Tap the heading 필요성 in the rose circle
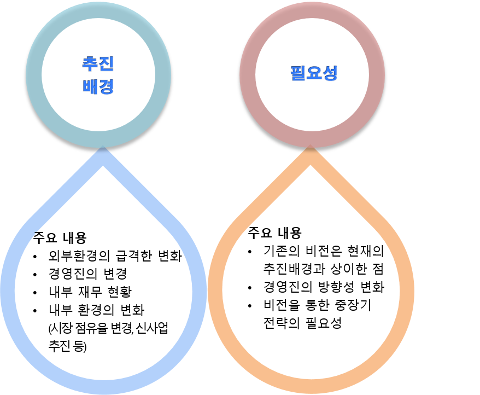coord(313,73)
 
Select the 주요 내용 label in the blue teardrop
coord(60,238)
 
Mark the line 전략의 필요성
coord(302,323)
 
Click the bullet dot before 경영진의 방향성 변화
coord(250,288)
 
